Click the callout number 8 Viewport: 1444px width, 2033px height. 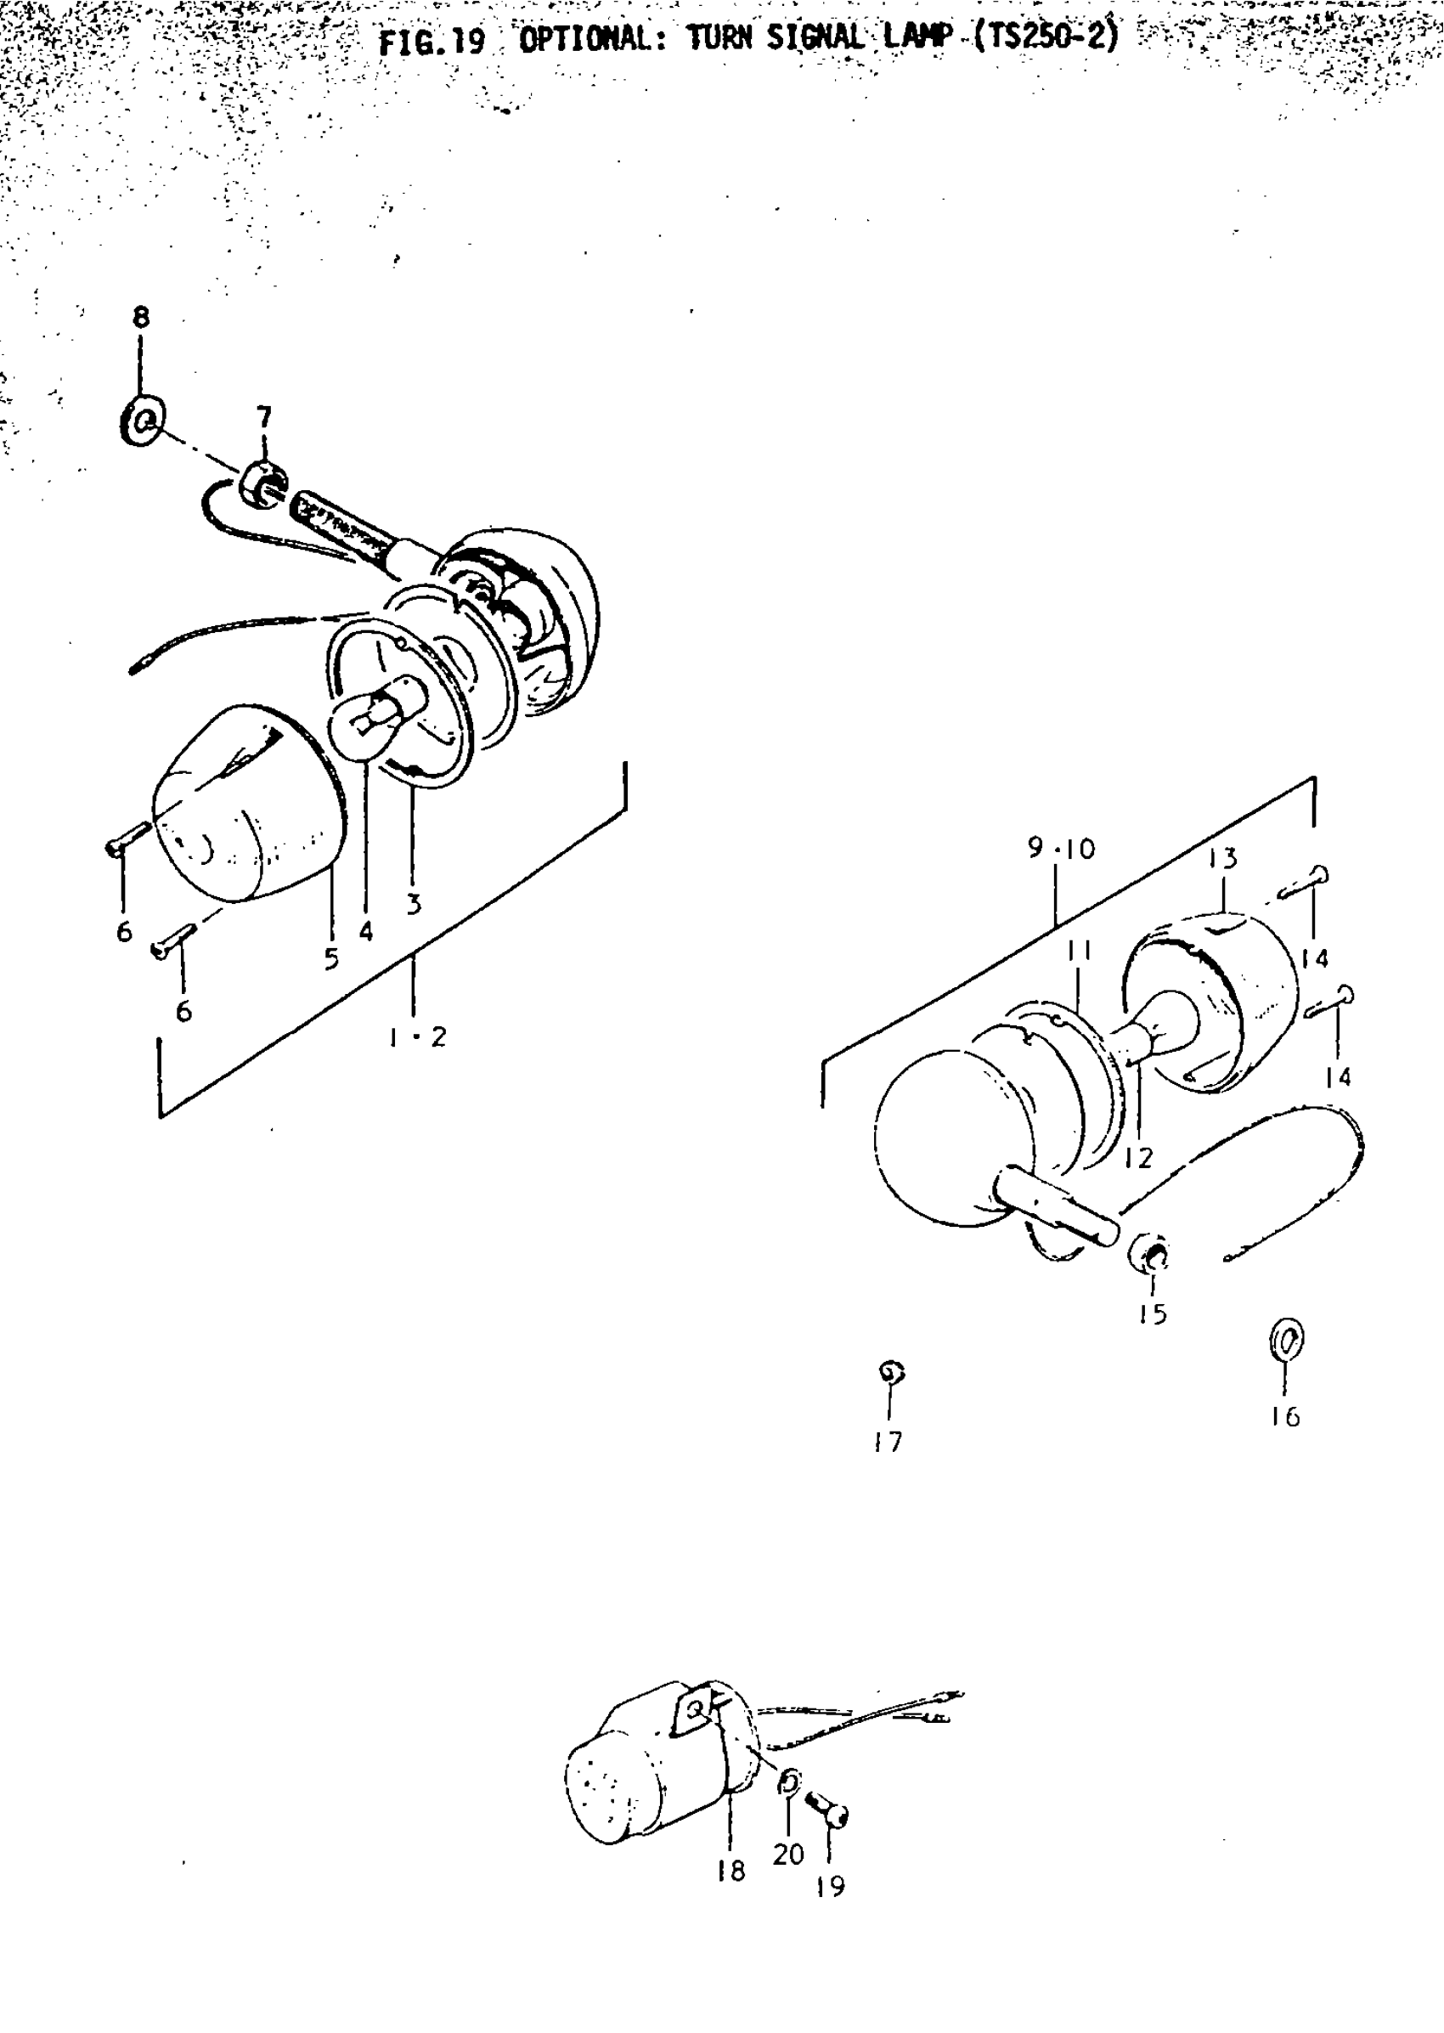pyautogui.click(x=141, y=318)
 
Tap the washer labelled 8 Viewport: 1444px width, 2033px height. pyautogui.click(x=142, y=420)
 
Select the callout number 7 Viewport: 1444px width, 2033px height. pyautogui.click(x=264, y=416)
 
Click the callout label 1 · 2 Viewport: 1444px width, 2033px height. pyautogui.click(x=418, y=1037)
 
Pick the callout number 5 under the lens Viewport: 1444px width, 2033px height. pyautogui.click(x=331, y=958)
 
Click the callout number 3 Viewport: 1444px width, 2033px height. pyautogui.click(x=414, y=905)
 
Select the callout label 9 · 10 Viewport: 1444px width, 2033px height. pyautogui.click(x=1062, y=849)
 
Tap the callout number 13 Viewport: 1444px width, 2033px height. pyautogui.click(x=1223, y=858)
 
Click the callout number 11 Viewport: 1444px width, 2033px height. pyautogui.click(x=1080, y=952)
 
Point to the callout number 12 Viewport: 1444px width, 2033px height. pyautogui.click(x=1138, y=1158)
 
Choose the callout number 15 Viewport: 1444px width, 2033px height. pyautogui.click(x=1153, y=1314)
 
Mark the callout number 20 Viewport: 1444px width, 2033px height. pyautogui.click(x=787, y=1855)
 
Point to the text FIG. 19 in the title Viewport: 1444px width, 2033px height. pyautogui.click(x=432, y=42)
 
